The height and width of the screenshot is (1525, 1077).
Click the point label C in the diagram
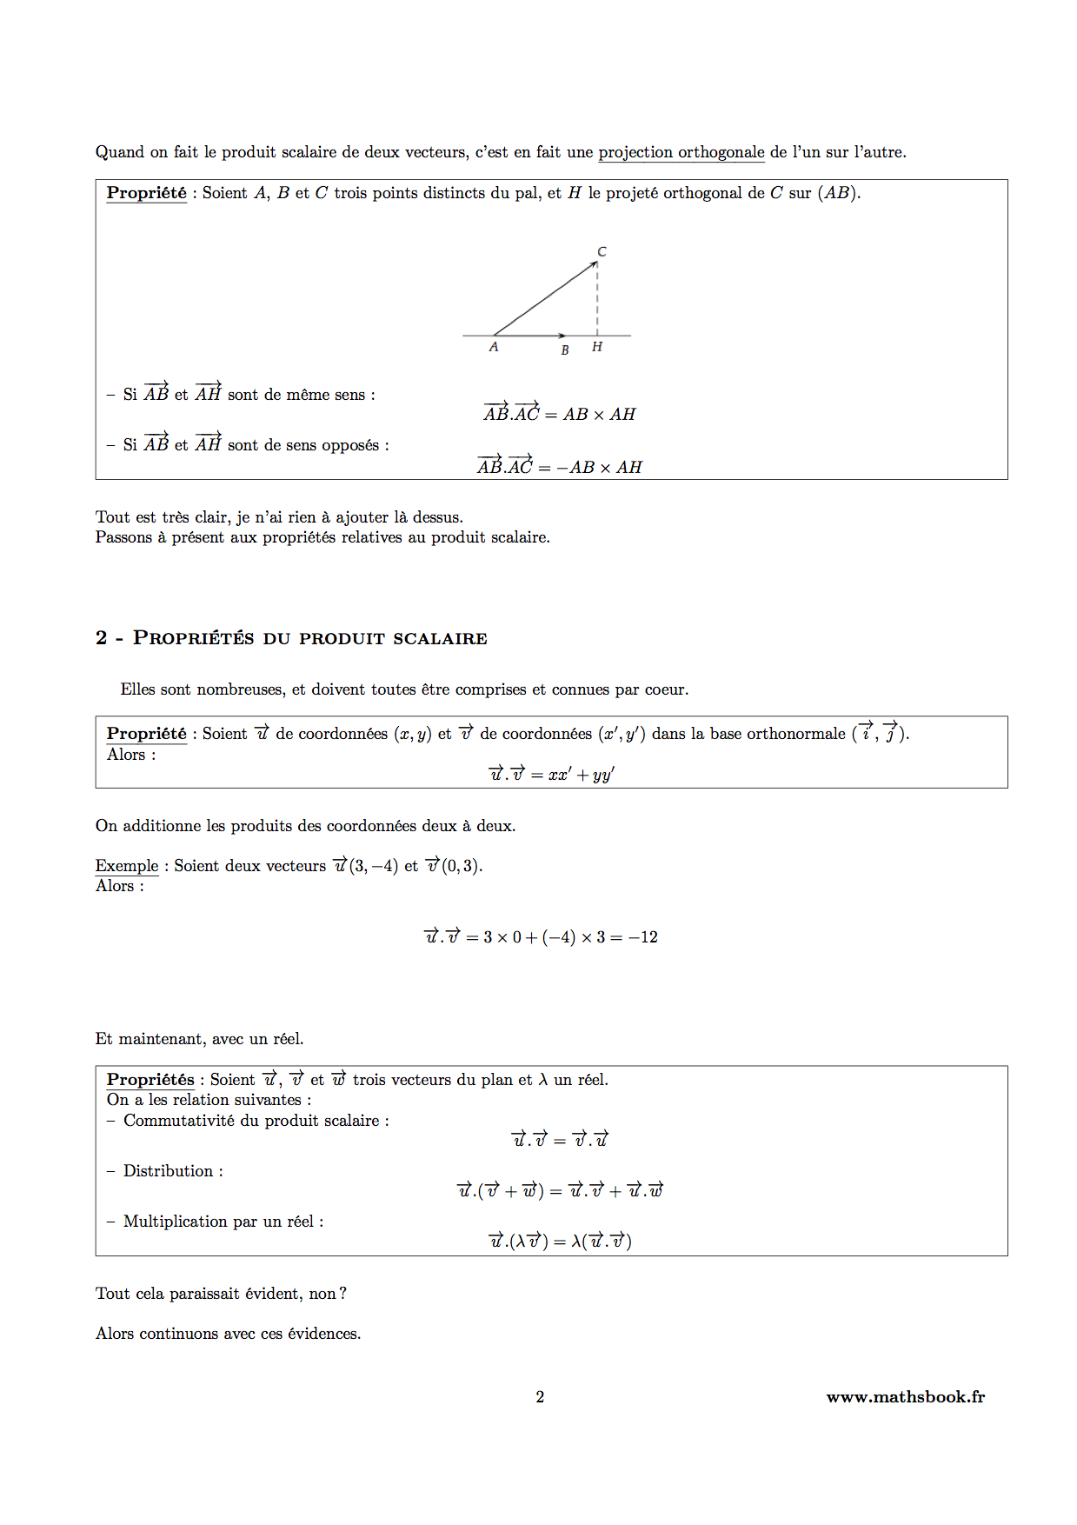(x=602, y=252)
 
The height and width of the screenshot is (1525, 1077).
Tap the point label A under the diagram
(x=494, y=347)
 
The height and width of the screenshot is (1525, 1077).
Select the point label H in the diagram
(x=597, y=347)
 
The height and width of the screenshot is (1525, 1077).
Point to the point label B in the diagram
(x=565, y=350)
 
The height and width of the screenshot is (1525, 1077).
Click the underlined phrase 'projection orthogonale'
(x=681, y=152)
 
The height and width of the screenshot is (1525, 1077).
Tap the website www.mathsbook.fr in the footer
(x=905, y=1396)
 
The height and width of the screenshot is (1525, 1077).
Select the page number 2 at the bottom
(x=540, y=1396)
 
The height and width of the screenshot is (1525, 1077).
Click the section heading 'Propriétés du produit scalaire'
(x=309, y=638)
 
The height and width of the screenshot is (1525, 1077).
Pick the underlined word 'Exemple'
(x=127, y=866)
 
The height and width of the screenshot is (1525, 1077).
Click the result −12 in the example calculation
(x=643, y=937)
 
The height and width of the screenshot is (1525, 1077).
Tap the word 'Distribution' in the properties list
(x=168, y=1171)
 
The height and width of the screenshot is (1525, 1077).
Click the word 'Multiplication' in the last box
(x=175, y=1222)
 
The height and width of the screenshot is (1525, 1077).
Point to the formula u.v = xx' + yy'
(x=551, y=774)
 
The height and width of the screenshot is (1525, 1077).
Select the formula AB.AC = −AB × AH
(x=560, y=467)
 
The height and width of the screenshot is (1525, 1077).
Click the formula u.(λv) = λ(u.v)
(x=560, y=1241)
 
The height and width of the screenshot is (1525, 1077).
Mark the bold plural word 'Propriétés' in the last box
(x=150, y=1080)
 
